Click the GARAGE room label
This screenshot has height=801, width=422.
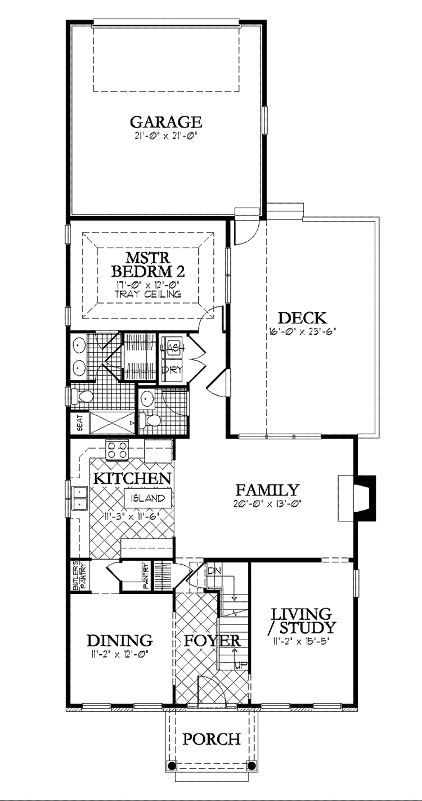166,122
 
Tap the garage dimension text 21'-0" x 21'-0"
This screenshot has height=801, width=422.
166,136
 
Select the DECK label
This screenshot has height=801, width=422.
302,318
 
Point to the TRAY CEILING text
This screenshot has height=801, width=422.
148,294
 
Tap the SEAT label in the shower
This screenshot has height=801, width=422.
80,422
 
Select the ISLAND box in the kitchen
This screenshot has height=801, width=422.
148,498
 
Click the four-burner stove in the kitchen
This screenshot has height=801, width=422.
117,449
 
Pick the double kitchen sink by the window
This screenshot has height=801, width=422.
79,497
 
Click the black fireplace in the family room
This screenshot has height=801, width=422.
366,498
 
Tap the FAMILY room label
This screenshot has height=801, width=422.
267,490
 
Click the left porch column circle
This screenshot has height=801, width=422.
171,765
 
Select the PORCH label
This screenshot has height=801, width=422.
211,739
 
